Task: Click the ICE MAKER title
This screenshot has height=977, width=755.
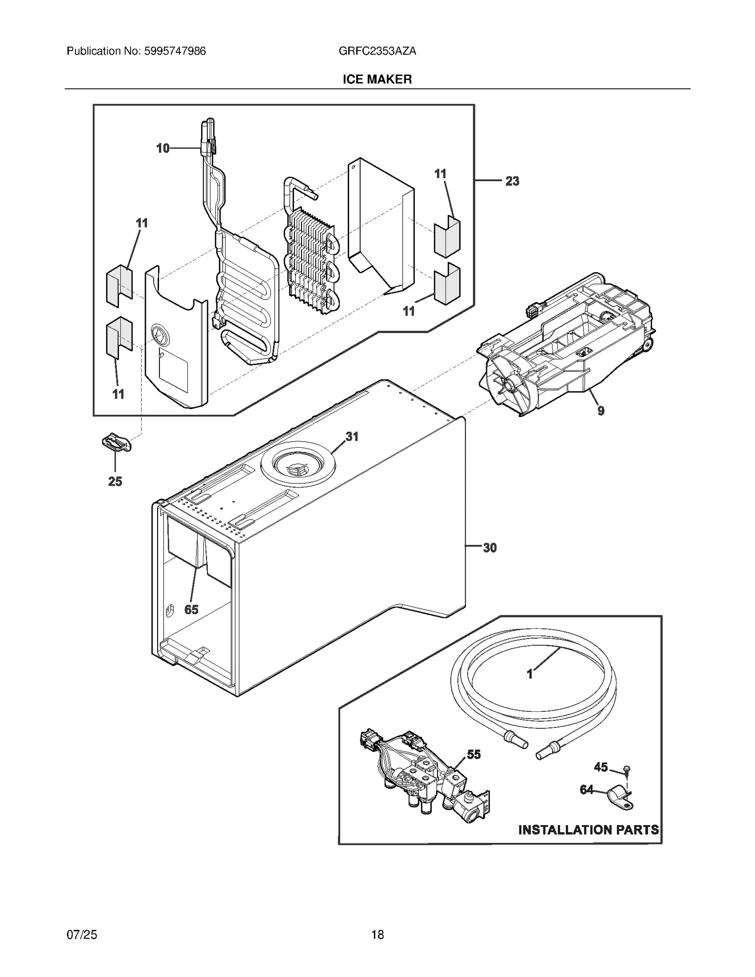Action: click(x=377, y=79)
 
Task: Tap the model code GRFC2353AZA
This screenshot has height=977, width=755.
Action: click(x=377, y=51)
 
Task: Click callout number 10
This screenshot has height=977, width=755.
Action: click(x=163, y=149)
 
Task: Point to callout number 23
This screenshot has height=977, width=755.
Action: click(x=512, y=181)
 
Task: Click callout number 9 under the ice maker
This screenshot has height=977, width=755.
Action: click(x=601, y=411)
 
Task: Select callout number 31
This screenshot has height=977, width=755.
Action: click(x=352, y=437)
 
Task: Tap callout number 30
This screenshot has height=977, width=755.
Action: click(x=490, y=548)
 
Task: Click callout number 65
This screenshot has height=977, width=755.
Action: click(x=191, y=610)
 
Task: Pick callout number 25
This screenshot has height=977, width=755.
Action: click(x=115, y=481)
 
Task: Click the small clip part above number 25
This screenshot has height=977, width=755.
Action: click(x=116, y=443)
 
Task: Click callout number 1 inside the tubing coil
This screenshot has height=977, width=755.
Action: click(x=530, y=674)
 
